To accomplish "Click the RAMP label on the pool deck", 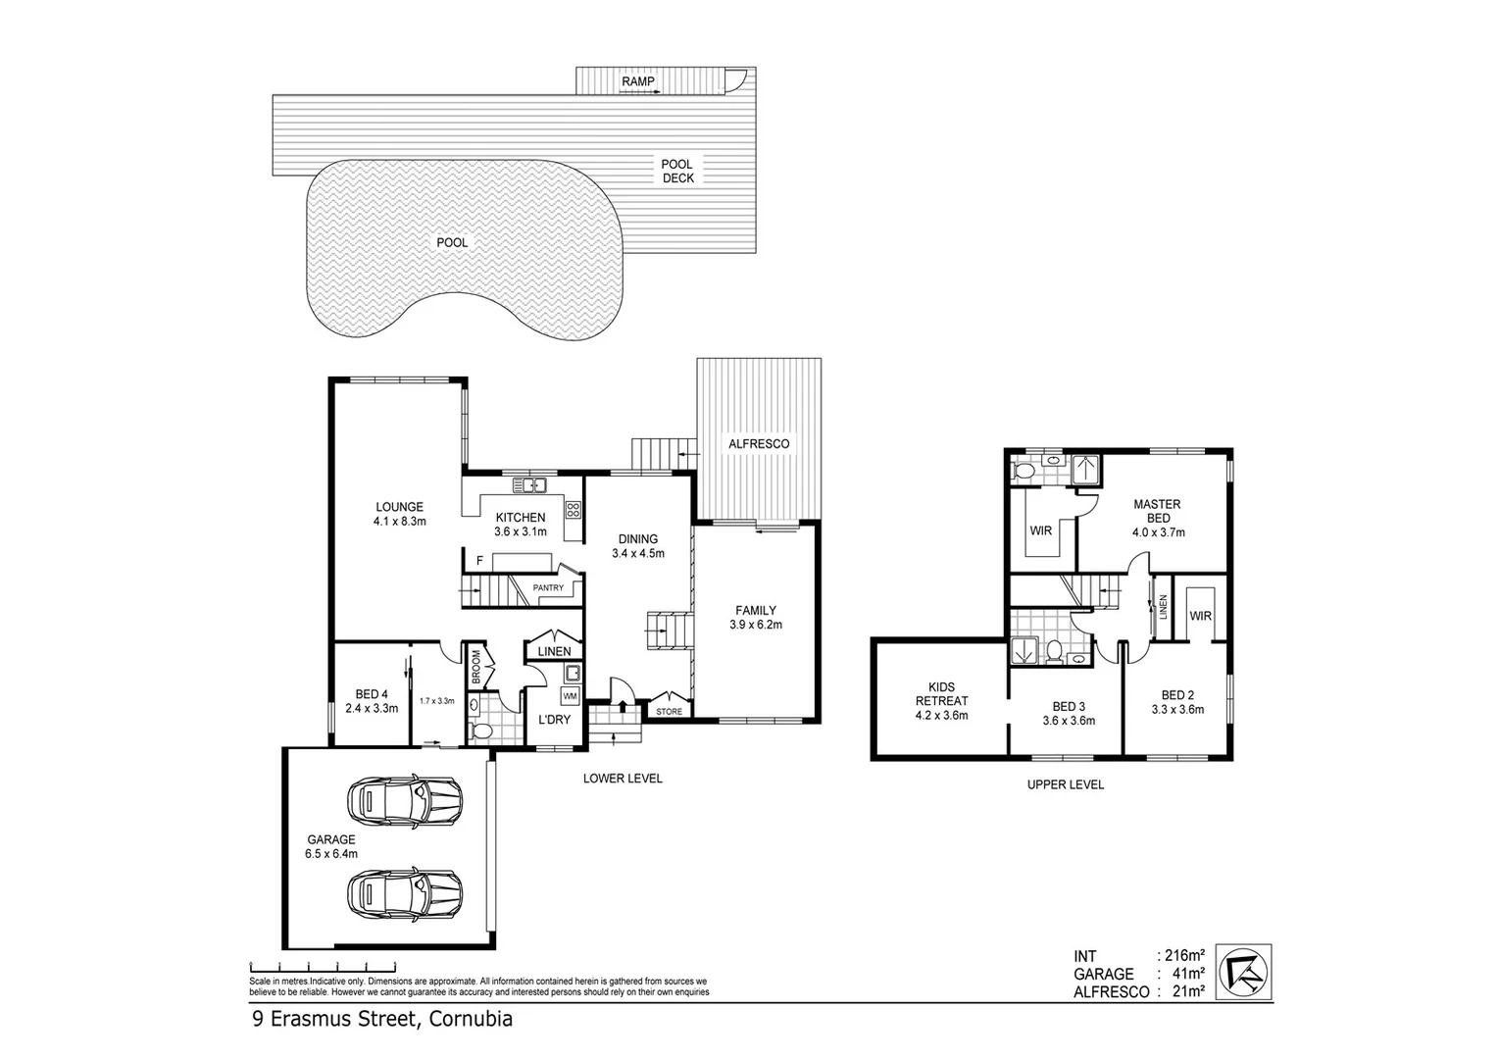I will pos(637,81).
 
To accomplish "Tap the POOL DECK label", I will pos(677,171).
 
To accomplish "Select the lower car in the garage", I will pos(404,893).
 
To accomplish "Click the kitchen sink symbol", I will pos(529,484).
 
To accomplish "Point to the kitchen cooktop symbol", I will pos(573,509).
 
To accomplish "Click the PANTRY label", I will pos(548,588).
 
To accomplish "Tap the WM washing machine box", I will pos(570,695).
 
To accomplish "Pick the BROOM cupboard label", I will pos(475,668).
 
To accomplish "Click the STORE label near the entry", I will pos(669,711).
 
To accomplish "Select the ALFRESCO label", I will pos(759,443).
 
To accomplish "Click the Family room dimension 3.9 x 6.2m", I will pos(756,624).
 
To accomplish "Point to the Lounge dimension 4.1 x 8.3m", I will pos(399,522).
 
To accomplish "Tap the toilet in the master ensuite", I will pos(1024,472).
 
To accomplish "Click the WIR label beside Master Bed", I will pos(1040,530).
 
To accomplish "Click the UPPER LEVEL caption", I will pos(1065,784).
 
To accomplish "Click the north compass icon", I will pos(1244,971).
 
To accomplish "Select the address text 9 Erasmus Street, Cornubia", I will pos(382,1019).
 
